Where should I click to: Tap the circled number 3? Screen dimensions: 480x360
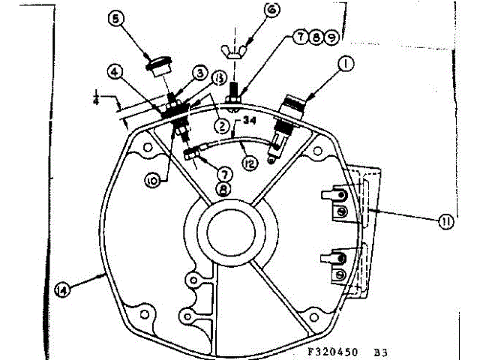(x=201, y=72)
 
